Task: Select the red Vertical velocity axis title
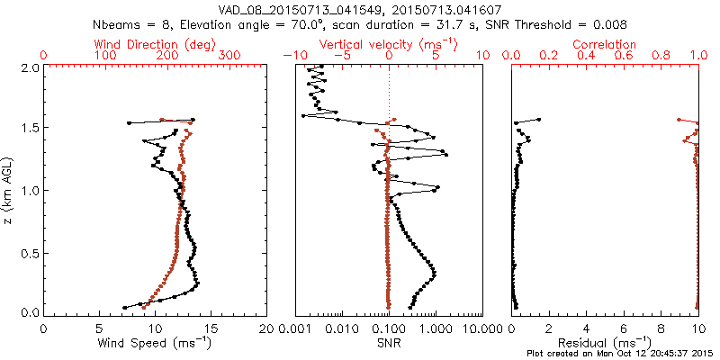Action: click(x=389, y=44)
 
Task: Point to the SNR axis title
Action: click(x=388, y=343)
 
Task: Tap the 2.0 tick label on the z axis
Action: click(x=30, y=67)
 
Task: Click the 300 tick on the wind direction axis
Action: click(x=229, y=57)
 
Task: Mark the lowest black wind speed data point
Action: click(x=125, y=307)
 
